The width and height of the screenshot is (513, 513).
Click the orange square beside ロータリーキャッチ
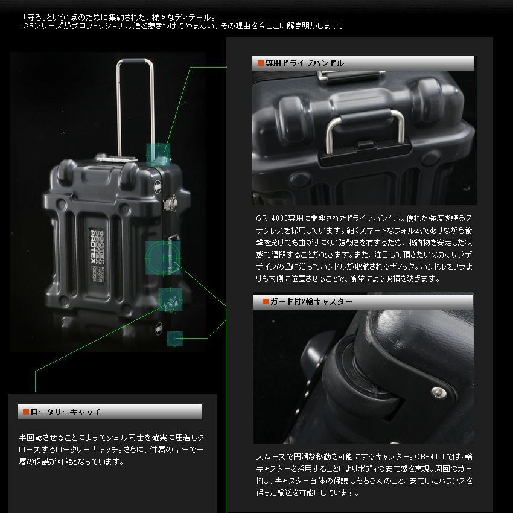coord(26,412)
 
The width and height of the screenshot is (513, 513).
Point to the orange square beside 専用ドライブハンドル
coord(261,63)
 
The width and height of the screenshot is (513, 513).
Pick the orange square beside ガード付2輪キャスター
coord(265,301)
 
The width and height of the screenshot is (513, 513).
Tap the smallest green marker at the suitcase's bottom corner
coord(174,338)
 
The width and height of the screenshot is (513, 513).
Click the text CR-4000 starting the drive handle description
coord(269,217)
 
